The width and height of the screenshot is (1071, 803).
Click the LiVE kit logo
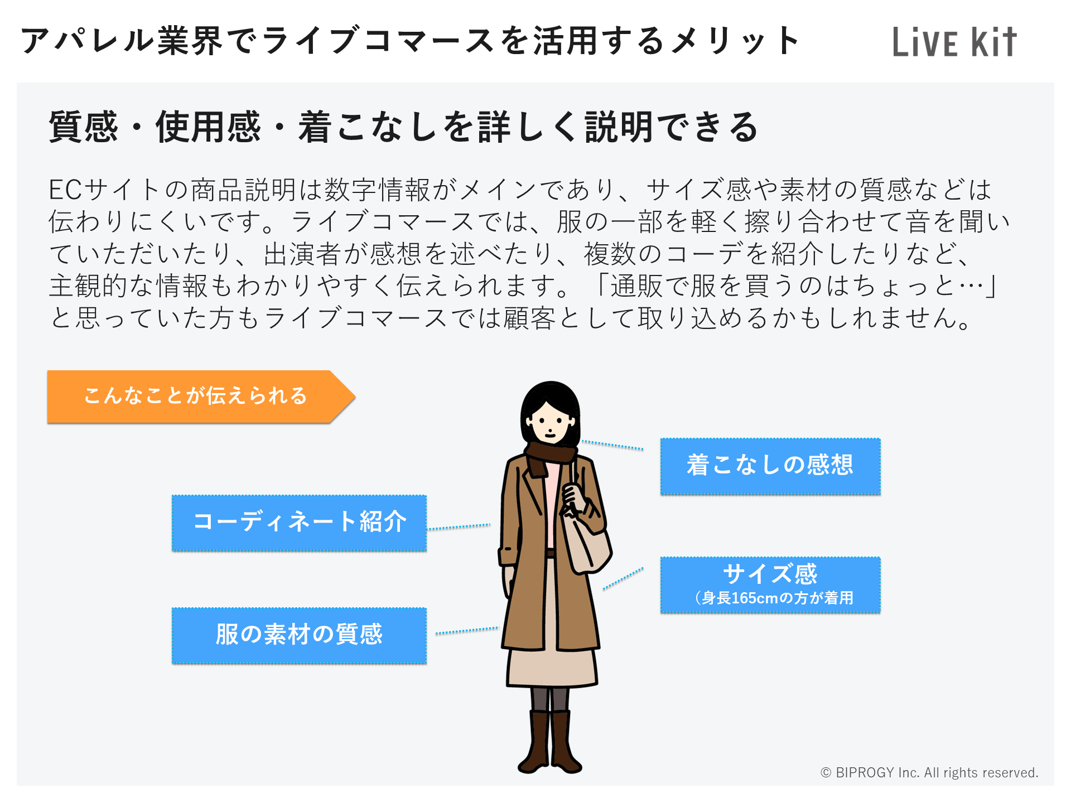[x=954, y=42]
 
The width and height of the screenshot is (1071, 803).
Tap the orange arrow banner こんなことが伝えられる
[x=201, y=396]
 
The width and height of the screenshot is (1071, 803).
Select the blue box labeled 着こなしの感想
[x=770, y=466]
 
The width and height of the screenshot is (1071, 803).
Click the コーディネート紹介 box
[x=299, y=523]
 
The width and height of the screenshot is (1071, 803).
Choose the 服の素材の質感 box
[x=299, y=635]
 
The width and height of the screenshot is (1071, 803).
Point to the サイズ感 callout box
[x=770, y=585]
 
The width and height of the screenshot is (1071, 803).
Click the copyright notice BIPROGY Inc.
[x=929, y=772]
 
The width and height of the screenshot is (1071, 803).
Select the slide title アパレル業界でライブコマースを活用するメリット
[x=410, y=41]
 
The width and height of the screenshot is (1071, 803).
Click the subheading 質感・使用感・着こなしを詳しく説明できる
[x=403, y=127]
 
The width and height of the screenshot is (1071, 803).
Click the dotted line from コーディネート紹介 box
[x=459, y=527]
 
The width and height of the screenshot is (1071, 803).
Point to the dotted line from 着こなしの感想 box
[x=612, y=445]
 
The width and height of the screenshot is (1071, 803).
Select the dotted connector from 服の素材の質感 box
[x=467, y=631]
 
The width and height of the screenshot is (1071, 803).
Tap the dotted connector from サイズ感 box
[x=623, y=579]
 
